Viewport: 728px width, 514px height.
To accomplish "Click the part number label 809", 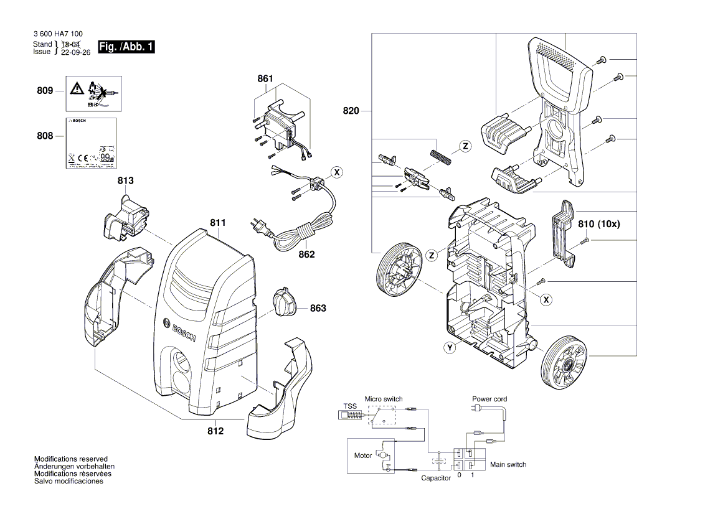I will [x=44, y=91].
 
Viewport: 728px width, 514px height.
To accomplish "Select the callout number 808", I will [x=45, y=136].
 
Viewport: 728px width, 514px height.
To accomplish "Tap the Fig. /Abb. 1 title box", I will [x=126, y=47].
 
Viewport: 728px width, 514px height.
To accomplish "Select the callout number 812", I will [x=216, y=431].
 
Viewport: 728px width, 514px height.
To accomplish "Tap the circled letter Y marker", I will [x=449, y=348].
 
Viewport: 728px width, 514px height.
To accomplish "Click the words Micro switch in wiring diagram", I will [x=384, y=399].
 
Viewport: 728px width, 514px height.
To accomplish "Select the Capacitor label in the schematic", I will [x=436, y=478].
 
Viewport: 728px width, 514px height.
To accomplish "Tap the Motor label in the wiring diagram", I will [x=363, y=456].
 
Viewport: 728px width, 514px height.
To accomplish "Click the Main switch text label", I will [x=508, y=464].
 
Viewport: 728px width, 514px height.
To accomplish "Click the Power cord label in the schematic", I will [x=489, y=399].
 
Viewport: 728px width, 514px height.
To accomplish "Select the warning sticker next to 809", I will [x=94, y=91].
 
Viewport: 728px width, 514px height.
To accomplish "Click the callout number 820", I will [x=351, y=111].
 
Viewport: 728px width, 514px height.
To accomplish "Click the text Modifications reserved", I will [x=71, y=459].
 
